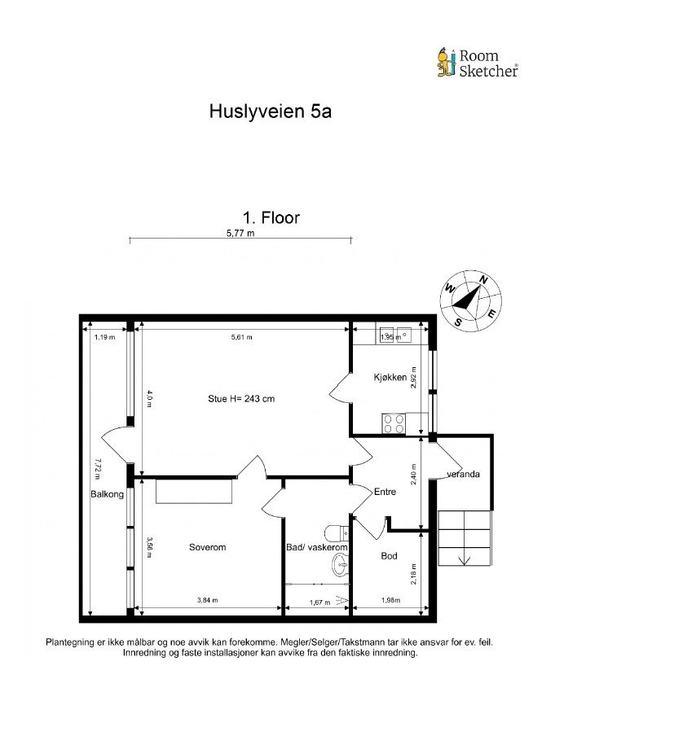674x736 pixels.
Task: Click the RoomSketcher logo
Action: pos(477,63)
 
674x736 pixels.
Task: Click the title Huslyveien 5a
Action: pos(270,112)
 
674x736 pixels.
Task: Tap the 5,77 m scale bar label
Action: pos(240,233)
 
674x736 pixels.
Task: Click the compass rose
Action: pos(470,299)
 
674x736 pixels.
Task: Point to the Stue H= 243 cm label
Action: pos(240,399)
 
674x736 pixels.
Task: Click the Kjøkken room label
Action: pos(390,377)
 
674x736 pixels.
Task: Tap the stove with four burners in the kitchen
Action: pos(394,423)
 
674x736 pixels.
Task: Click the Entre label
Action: pos(384,492)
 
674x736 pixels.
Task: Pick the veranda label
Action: pos(462,474)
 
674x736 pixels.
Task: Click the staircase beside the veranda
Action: pos(465,537)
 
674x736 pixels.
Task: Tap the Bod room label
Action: pos(389,556)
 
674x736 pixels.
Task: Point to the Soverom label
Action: pos(207,547)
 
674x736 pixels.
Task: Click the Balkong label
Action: pos(107,494)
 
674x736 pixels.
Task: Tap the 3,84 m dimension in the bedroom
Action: pos(207,601)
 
